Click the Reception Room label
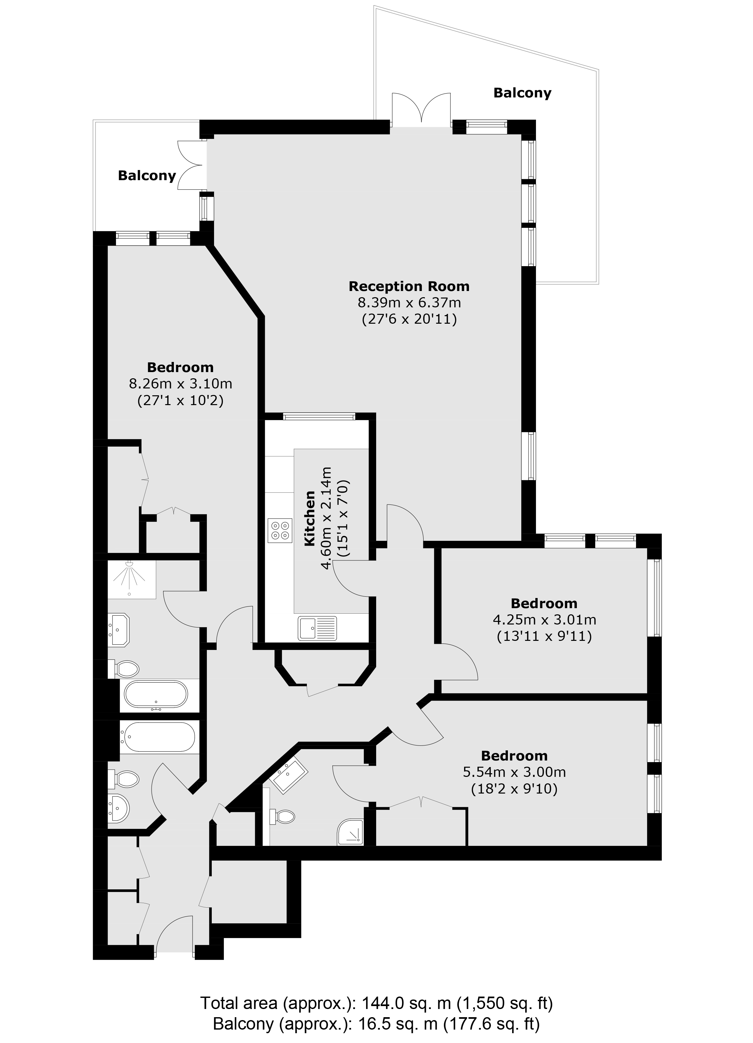point(409,286)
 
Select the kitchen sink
point(317,628)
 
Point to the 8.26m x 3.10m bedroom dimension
point(180,384)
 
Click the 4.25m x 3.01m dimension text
point(544,620)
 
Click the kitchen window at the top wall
point(319,417)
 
